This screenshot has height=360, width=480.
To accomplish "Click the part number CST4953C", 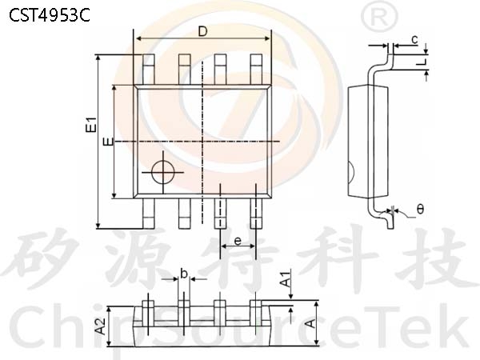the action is [50, 15].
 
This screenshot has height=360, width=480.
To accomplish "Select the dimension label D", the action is [202, 31].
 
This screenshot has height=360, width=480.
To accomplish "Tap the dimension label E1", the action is [91, 125].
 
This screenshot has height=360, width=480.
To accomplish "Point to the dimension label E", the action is [108, 142].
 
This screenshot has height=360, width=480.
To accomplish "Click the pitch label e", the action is [238, 242].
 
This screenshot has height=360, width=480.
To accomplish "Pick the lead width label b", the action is [184, 274].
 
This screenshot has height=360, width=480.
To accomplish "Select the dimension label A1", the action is [286, 278].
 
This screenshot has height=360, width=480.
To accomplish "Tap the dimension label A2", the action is [100, 326].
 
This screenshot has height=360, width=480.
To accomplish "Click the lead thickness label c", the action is [414, 39].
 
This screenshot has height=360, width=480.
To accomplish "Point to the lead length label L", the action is [422, 62].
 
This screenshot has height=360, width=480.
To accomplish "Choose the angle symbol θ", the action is [420, 210].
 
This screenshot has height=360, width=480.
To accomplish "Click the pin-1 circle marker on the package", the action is [163, 172].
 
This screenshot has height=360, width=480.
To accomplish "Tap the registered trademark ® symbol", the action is [379, 18].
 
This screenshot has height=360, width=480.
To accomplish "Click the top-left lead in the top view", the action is [149, 69].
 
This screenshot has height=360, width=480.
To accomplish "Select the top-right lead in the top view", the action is [256, 69].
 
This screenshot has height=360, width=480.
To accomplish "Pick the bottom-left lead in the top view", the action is [149, 214].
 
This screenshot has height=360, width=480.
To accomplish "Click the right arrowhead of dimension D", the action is [267, 38].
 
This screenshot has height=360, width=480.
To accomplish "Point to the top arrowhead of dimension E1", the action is [98, 58].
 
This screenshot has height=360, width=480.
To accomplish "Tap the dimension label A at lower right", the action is [310, 323].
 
